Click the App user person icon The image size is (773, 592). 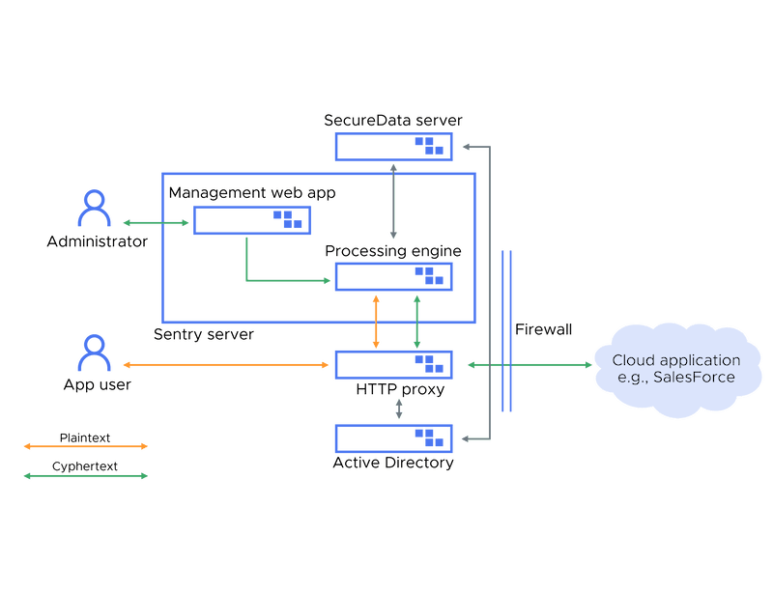coord(94,352)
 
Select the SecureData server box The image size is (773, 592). coord(393,147)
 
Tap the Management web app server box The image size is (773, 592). coord(252,220)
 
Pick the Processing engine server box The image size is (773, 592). coord(393,276)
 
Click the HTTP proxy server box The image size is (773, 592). coord(393,365)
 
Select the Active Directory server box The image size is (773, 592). coord(393,438)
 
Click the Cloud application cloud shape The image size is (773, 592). coord(675,368)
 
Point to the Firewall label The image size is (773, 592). coord(543,329)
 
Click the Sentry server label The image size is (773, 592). coord(204,334)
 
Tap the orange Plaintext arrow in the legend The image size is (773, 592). coord(85,446)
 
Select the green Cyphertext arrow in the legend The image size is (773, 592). coord(85,474)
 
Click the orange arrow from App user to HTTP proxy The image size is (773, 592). coord(227,365)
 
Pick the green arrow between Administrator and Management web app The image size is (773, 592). coord(157,223)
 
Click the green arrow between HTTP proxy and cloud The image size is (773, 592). coord(530,365)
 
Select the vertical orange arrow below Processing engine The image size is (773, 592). coord(376,322)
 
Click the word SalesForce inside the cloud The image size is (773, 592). coord(694,377)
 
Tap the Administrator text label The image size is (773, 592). coord(97,241)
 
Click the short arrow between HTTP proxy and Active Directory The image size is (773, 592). coord(398,410)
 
